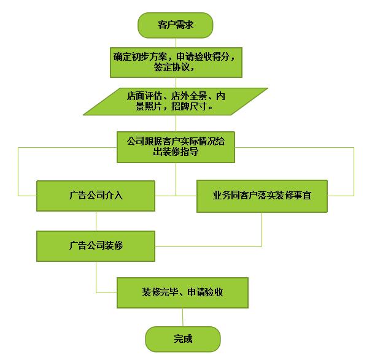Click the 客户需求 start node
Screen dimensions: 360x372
[176, 25]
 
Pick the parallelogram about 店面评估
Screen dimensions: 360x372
[176, 101]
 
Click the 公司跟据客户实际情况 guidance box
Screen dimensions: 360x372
[176, 146]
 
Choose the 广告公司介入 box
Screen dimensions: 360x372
[96, 196]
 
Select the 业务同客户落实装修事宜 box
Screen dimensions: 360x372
[262, 196]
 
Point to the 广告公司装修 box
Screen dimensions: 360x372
[96, 245]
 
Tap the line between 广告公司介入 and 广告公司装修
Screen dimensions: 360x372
[96, 221]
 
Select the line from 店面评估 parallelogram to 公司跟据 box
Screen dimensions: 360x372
[176, 123]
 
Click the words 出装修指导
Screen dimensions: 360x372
[176, 151]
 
